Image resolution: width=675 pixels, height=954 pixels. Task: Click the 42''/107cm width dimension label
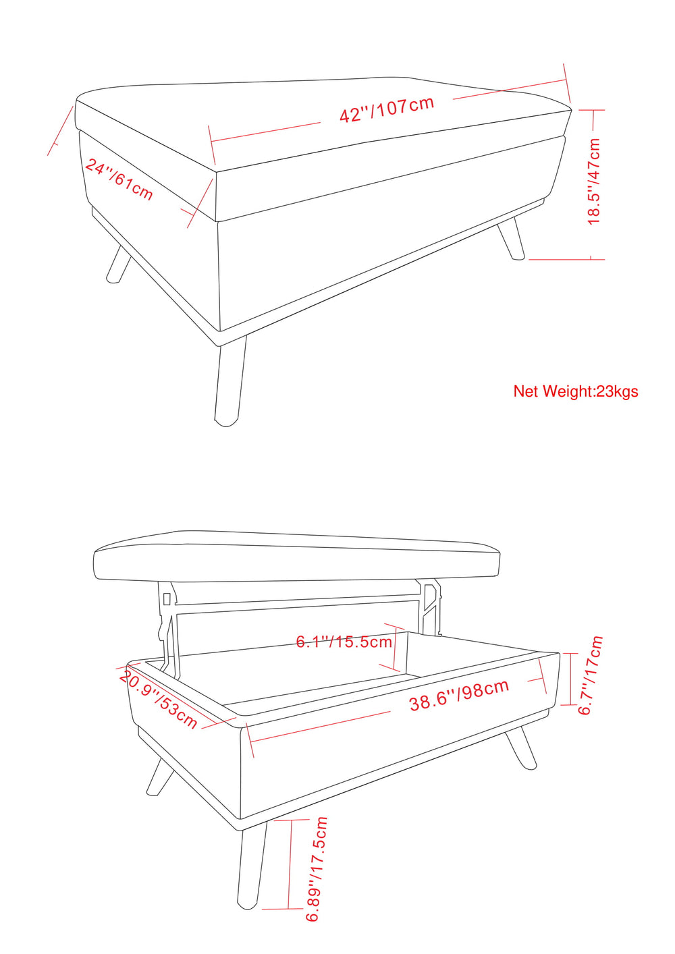[387, 109]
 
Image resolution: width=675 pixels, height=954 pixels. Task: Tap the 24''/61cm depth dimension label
[119, 179]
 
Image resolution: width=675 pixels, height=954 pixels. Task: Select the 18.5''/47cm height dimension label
[593, 181]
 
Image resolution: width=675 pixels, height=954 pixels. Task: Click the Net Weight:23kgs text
[576, 391]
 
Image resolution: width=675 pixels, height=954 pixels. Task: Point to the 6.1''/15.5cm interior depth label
[344, 642]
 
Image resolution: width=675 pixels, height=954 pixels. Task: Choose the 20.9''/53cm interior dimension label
[157, 700]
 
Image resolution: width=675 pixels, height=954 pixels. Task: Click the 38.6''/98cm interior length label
[460, 695]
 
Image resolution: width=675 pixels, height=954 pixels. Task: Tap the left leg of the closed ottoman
[119, 264]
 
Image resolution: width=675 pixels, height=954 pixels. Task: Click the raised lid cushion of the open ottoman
[296, 555]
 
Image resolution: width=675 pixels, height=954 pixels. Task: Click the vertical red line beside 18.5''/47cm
[592, 184]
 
